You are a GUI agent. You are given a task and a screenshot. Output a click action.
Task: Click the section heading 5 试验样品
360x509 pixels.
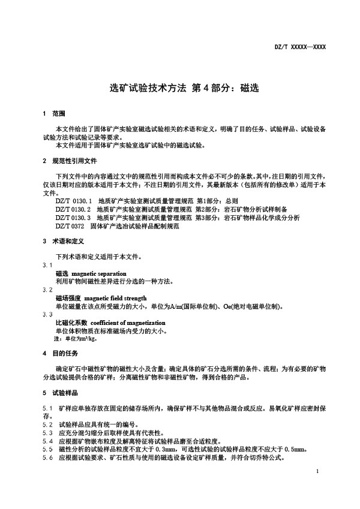point(58,393)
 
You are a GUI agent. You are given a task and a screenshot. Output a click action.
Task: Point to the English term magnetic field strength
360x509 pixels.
point(115,297)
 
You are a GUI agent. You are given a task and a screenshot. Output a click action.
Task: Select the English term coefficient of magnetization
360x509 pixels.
point(124,322)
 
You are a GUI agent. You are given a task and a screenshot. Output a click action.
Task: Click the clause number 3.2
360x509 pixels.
point(47,289)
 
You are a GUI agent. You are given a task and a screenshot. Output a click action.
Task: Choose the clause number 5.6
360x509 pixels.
point(47,457)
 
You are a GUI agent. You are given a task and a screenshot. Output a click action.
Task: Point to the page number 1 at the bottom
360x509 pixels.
point(316,472)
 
